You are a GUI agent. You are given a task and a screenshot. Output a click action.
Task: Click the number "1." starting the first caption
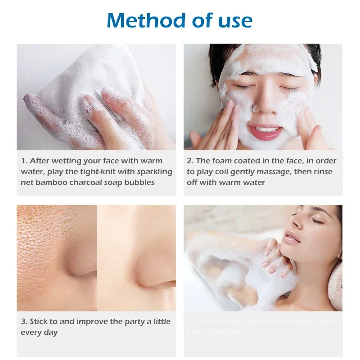coord(24,161)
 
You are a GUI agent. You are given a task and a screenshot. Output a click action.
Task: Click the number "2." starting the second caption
coord(191,161)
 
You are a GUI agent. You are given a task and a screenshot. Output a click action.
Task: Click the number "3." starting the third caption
coord(24,321)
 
